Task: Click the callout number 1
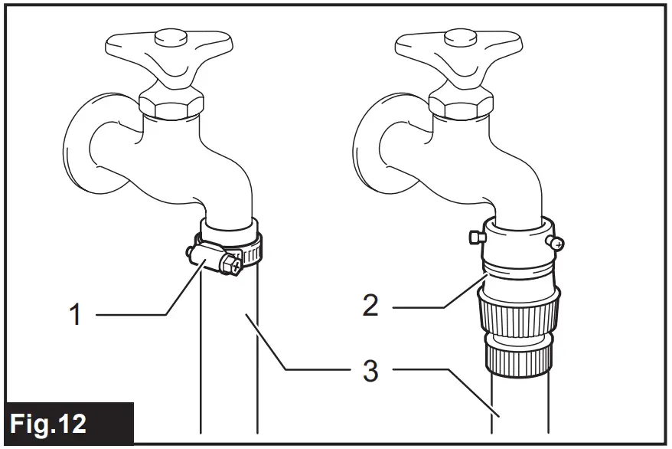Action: click(76, 315)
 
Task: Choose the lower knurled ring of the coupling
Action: click(518, 359)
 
